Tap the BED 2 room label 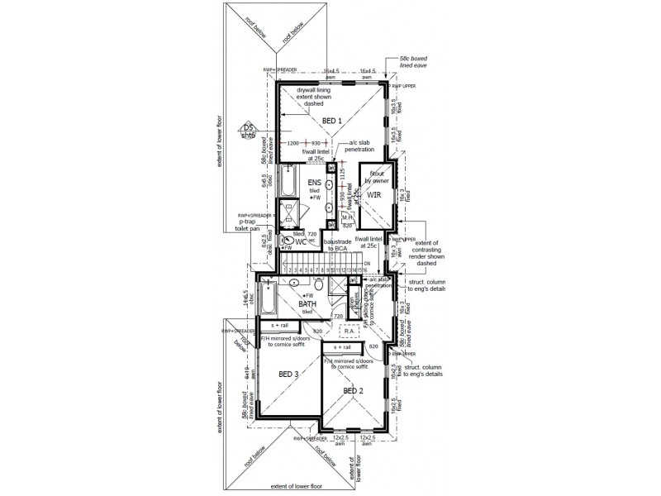click(354, 390)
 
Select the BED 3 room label click(289, 374)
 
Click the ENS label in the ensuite click(315, 183)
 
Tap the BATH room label click(309, 303)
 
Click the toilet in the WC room click(286, 243)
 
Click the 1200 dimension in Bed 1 click(293, 143)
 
